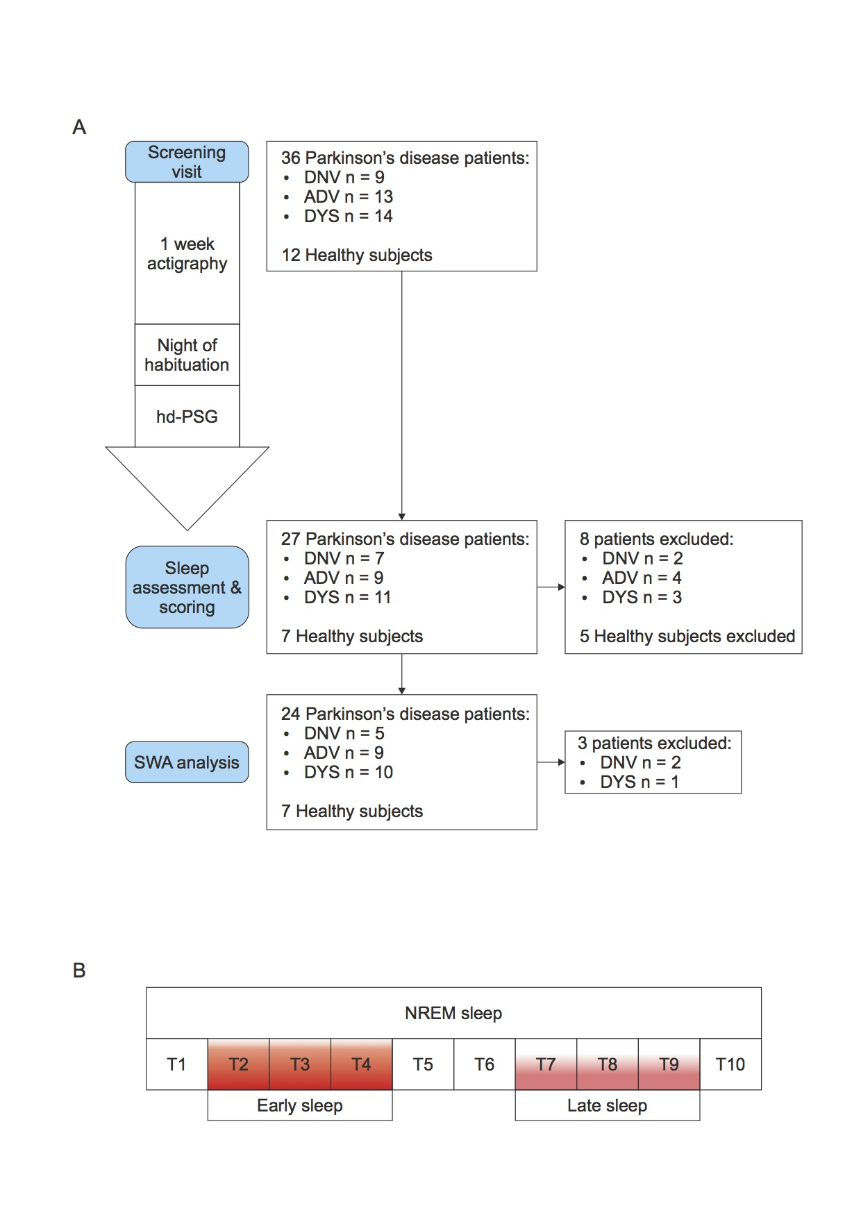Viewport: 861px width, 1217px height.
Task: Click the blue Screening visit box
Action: [187, 162]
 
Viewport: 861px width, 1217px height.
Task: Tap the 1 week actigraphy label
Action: [187, 253]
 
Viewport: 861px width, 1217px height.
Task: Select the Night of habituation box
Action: [187, 355]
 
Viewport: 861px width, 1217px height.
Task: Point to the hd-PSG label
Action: [187, 417]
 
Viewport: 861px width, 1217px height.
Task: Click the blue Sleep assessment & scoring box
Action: [187, 587]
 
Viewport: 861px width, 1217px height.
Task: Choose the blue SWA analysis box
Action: [187, 762]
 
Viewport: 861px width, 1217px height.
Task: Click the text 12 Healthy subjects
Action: [357, 255]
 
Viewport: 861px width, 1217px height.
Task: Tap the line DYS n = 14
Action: [348, 217]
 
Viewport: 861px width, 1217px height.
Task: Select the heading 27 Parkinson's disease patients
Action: [405, 539]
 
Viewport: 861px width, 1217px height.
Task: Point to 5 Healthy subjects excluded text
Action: [687, 636]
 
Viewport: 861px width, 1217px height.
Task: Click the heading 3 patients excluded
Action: [654, 743]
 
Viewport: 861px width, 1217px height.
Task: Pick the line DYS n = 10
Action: [349, 772]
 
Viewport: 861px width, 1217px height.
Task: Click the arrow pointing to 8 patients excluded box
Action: [551, 587]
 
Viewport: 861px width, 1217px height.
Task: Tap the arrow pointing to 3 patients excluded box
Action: [551, 762]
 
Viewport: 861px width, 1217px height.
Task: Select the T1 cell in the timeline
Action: [177, 1064]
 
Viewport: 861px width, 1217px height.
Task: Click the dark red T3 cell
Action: [300, 1064]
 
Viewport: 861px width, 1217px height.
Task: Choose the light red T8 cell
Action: [608, 1064]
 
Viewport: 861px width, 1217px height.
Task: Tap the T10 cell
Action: [730, 1064]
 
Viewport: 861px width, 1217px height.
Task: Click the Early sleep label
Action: [300, 1105]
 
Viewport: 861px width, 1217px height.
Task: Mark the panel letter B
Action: [79, 971]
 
